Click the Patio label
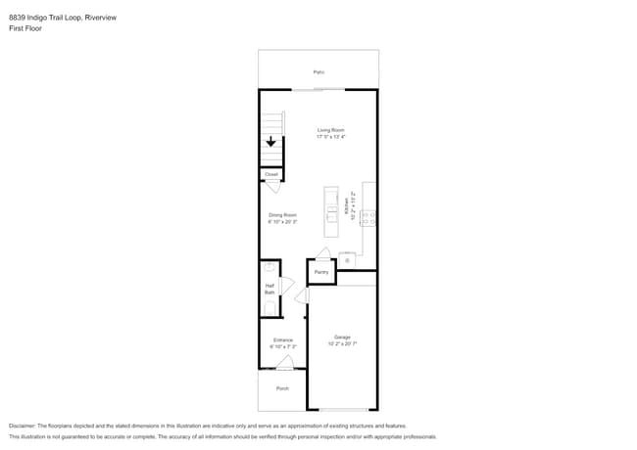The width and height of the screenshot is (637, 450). pos(318,72)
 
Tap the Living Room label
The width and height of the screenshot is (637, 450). pos(330,130)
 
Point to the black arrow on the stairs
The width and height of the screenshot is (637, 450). pos(270,142)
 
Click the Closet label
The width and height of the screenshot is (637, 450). pos(271,174)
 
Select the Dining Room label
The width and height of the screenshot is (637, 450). pos(282,215)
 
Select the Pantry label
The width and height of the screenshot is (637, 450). pos(321,272)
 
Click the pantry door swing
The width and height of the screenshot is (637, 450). pos(323,253)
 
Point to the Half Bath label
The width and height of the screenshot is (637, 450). pos(269,289)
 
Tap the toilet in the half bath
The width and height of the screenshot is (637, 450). pos(269,308)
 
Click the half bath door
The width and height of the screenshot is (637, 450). pos(287,286)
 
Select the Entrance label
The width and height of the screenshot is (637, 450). pos(282,340)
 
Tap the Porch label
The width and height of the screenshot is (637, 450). pos(282,388)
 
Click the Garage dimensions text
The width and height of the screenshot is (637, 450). pos(342,343)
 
